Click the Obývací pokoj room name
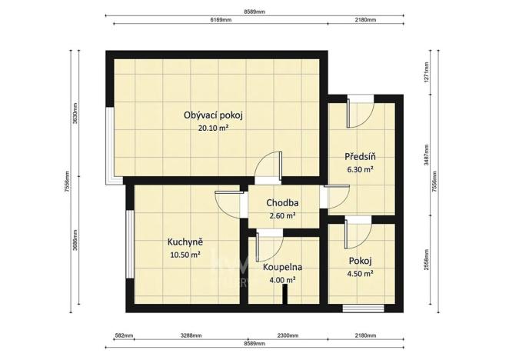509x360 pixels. point(213,115)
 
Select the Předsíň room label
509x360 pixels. point(358,155)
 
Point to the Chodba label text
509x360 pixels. point(282,203)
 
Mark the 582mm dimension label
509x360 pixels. point(124,335)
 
